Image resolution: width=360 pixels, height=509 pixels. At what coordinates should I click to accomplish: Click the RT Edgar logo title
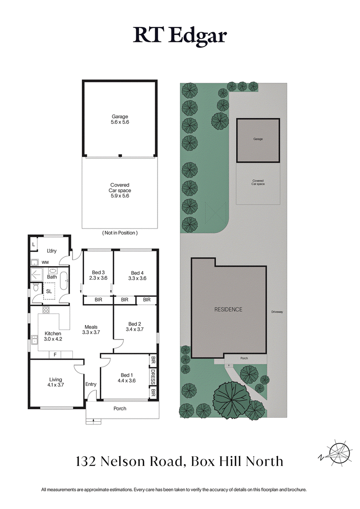tap(180, 36)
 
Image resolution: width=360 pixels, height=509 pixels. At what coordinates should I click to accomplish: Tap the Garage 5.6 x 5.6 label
tap(120, 119)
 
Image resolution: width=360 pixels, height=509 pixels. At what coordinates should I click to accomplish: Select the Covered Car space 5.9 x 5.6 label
tap(120, 190)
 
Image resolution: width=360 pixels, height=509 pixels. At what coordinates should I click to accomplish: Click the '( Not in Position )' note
tap(120, 233)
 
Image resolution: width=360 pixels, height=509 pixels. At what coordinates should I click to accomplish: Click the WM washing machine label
tap(45, 262)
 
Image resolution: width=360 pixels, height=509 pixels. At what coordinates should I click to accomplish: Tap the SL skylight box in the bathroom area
tap(49, 291)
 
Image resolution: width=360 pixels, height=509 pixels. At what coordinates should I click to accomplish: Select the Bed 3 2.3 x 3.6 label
tap(98, 275)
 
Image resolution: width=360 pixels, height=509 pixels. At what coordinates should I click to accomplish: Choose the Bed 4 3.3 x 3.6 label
tap(137, 275)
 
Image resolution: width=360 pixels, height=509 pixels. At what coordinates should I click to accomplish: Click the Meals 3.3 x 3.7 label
tap(90, 330)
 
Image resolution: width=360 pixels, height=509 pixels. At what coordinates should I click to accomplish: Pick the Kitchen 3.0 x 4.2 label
tap(53, 336)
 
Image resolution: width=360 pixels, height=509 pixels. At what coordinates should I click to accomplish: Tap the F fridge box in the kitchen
tap(55, 355)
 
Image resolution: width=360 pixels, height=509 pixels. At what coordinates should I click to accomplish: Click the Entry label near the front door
tap(91, 384)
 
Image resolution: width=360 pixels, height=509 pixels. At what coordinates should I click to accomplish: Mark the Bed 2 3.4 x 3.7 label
tap(135, 326)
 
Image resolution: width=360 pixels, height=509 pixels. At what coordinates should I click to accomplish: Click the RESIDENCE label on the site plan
tap(228, 309)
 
